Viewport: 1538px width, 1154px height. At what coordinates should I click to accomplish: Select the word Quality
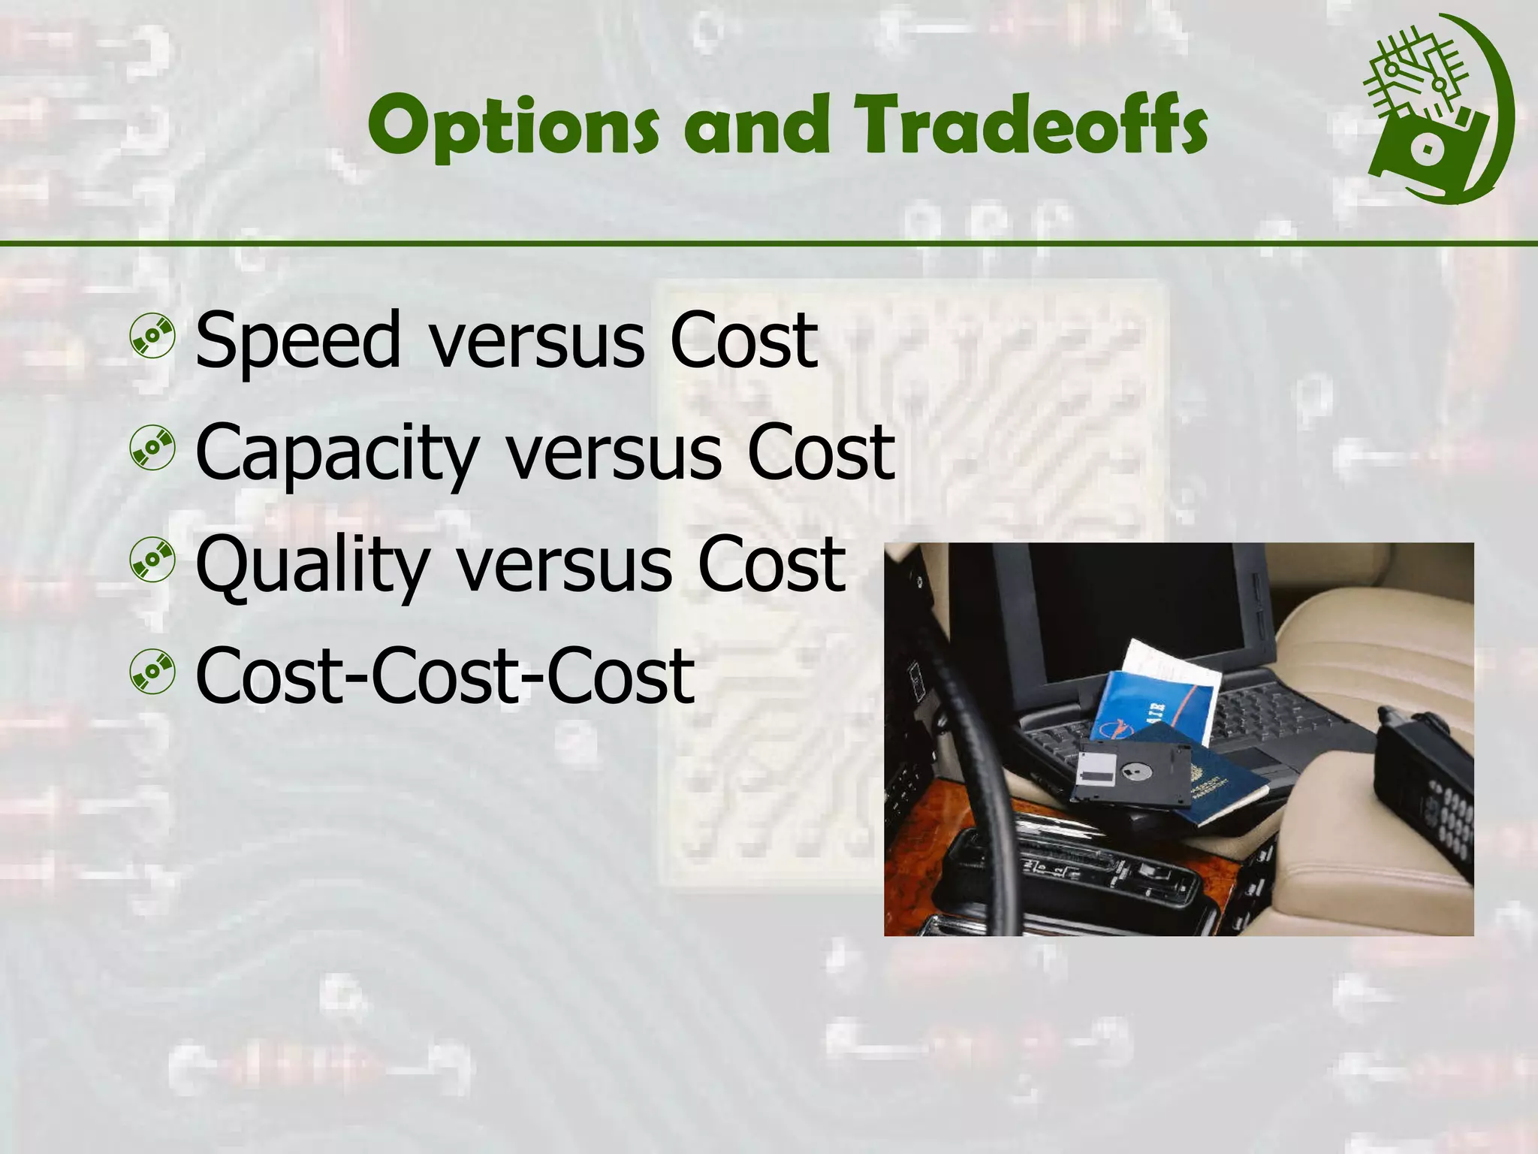point(312,565)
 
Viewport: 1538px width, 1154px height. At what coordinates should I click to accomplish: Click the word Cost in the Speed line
point(743,342)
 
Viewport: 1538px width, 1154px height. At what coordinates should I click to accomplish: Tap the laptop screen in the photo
point(1134,609)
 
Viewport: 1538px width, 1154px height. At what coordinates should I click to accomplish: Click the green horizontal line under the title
point(769,243)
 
